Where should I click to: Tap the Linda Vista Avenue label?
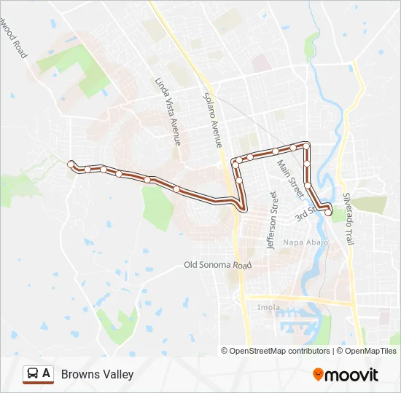click(168, 111)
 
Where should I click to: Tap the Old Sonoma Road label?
click(217, 266)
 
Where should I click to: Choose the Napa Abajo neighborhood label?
click(305, 242)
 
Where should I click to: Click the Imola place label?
click(268, 307)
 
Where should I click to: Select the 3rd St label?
click(304, 215)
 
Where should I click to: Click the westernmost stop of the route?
click(71, 164)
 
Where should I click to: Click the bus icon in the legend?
click(33, 374)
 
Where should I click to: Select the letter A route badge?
click(47, 373)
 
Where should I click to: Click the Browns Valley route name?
click(97, 374)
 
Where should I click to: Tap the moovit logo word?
click(351, 375)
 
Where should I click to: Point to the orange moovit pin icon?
click(318, 375)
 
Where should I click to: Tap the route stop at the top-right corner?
click(307, 146)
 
